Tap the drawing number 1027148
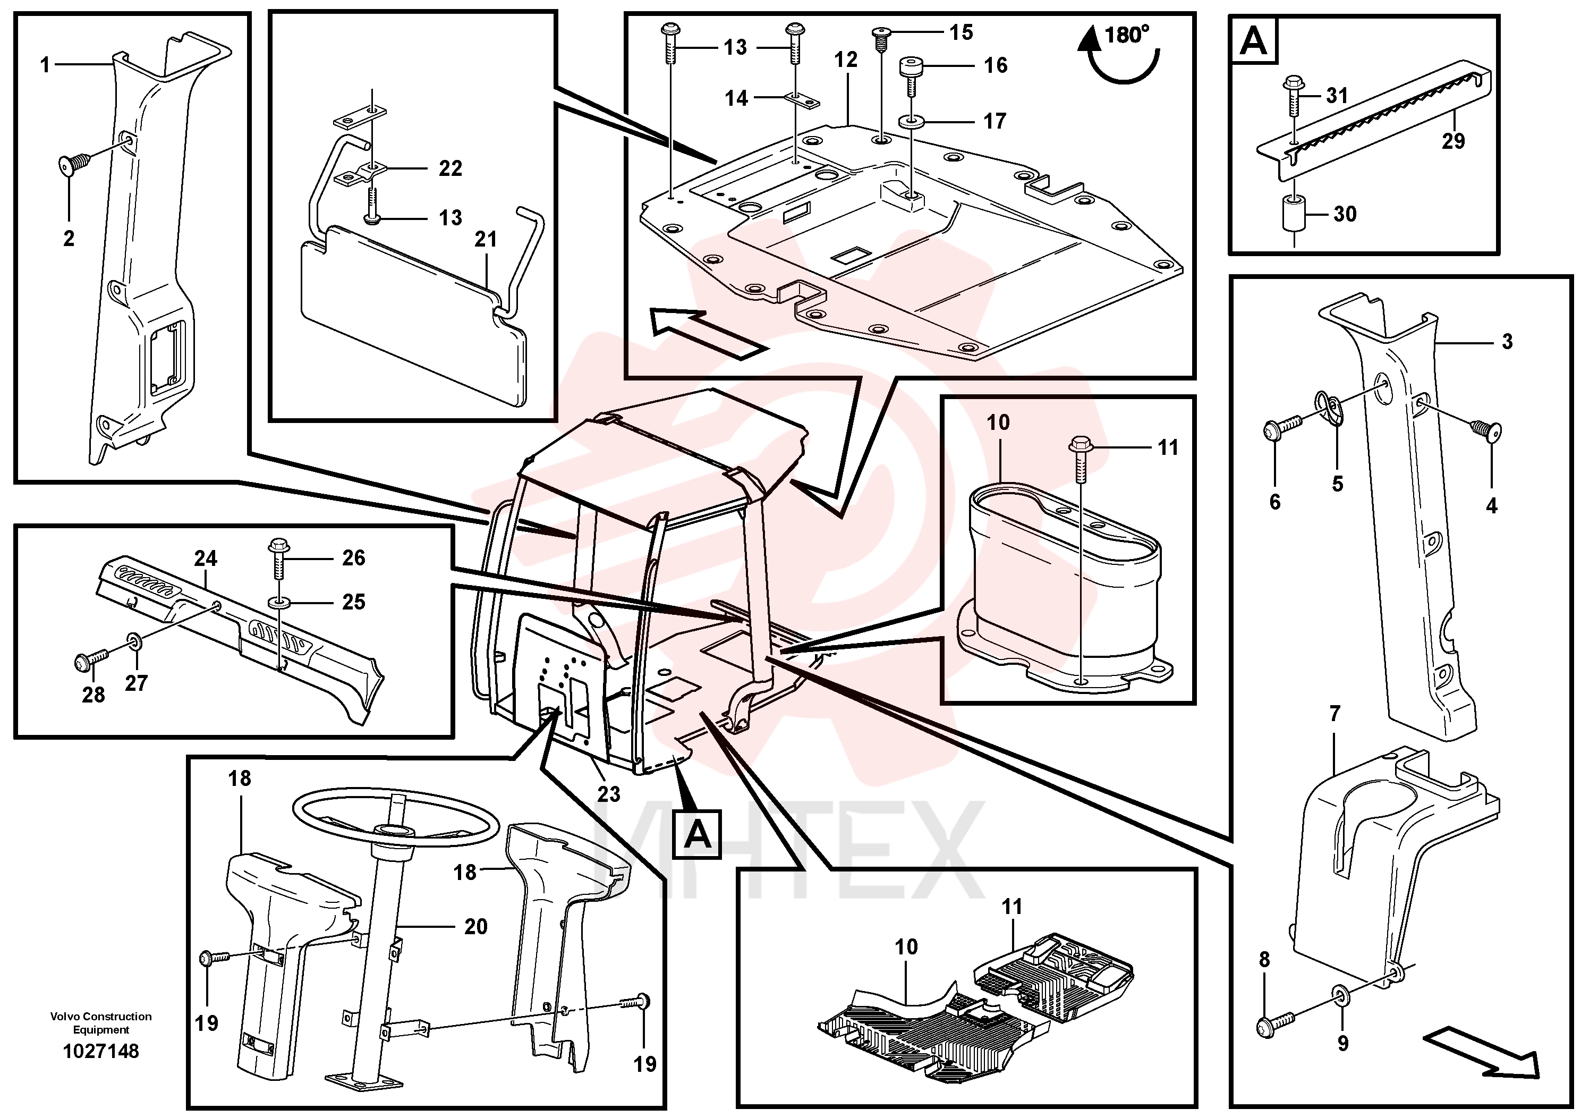coord(101,1052)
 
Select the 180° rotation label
coord(1127,35)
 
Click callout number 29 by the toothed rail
coord(1453,141)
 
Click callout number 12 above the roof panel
coord(846,60)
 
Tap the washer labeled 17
coord(912,122)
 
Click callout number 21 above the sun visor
coord(486,239)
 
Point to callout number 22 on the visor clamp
coord(450,168)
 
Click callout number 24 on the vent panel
coord(205,558)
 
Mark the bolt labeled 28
coord(91,661)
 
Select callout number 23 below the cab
coord(609,794)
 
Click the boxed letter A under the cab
coord(697,835)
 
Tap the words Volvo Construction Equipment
coord(101,1022)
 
